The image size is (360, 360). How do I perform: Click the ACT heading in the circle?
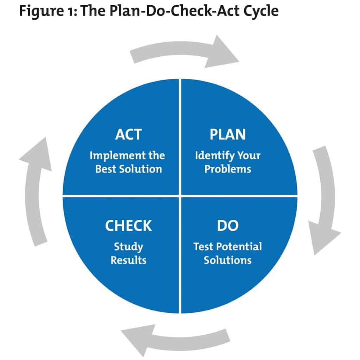coord(128,135)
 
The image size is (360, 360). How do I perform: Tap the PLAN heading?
coord(228,135)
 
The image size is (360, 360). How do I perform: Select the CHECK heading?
coord(128,226)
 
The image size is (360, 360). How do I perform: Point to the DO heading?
coord(228,226)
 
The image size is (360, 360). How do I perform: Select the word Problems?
coord(228,169)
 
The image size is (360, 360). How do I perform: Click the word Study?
coord(128,246)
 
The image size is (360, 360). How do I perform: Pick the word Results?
coord(128,260)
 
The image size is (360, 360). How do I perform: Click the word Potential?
coord(239,246)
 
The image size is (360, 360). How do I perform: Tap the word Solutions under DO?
coord(228,260)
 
